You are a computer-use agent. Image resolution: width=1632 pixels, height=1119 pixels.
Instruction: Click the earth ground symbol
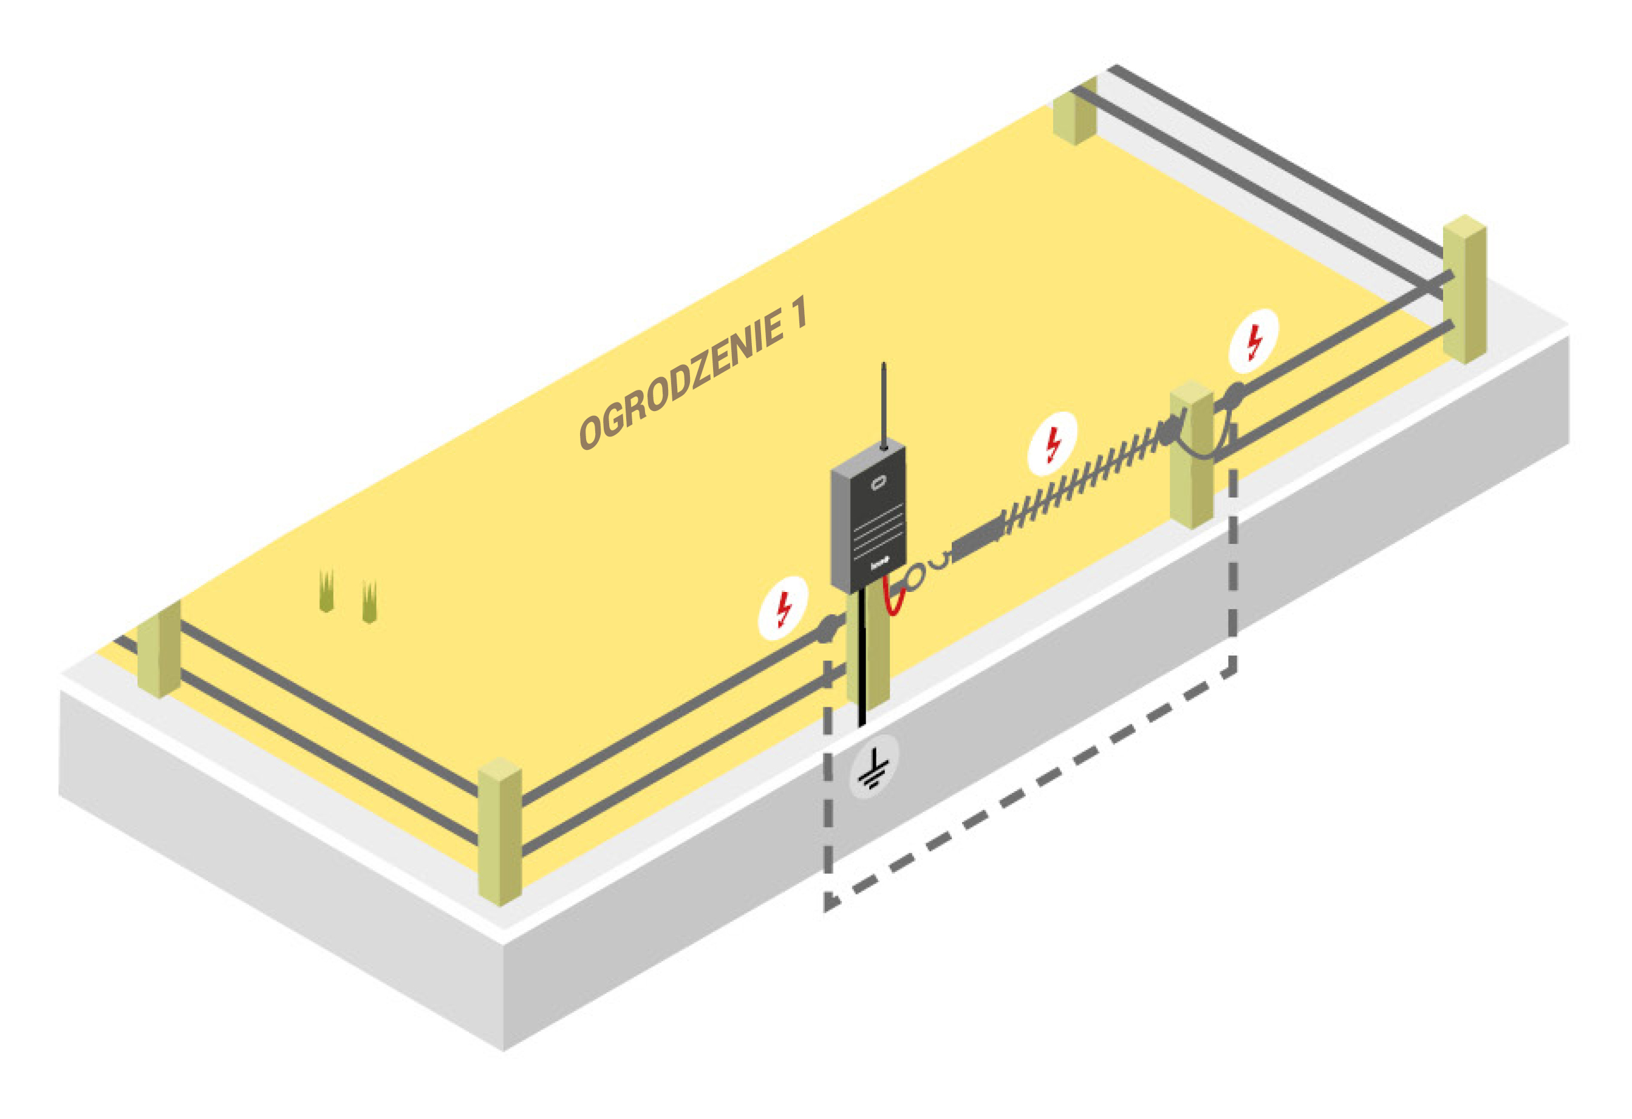click(x=873, y=768)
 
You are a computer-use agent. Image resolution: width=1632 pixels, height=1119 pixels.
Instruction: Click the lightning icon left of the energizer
click(x=783, y=608)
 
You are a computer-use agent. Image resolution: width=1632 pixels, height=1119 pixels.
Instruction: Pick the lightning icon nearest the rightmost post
click(x=1254, y=341)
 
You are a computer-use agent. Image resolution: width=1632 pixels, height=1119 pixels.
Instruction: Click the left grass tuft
click(x=326, y=592)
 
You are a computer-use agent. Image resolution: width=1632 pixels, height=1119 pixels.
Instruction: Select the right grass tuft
click(x=369, y=602)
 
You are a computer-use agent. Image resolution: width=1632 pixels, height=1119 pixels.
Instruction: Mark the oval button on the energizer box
click(x=878, y=483)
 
